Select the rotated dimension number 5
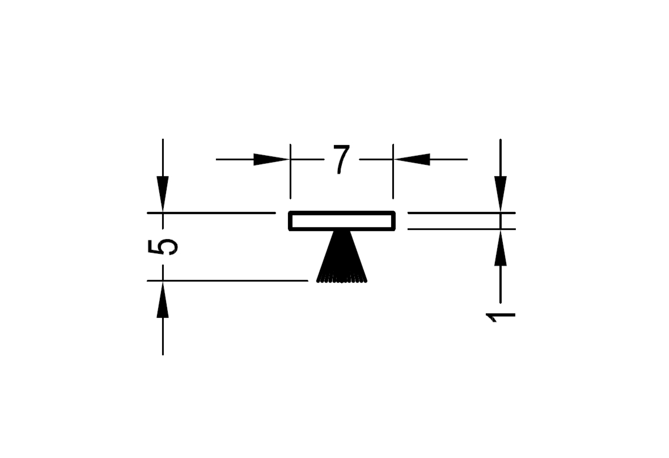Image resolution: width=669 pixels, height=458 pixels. point(162,247)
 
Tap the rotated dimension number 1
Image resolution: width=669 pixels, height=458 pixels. point(501,317)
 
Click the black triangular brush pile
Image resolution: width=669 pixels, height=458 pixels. point(341,256)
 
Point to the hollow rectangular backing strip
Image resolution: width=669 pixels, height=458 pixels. point(342,213)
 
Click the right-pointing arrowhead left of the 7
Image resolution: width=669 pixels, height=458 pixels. point(272,159)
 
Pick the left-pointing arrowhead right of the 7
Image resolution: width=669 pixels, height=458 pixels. point(411,159)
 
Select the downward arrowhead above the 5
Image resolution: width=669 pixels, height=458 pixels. point(163,194)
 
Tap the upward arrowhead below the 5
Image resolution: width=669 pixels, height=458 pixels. point(163,299)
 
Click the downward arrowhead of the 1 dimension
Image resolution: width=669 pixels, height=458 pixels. point(501,194)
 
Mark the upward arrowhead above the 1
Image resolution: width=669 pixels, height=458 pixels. point(501,247)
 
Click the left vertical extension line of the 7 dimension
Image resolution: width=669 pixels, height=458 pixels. point(290,171)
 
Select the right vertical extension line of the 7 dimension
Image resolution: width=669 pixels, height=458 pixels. point(393,171)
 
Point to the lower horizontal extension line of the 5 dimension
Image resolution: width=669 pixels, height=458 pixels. point(227,281)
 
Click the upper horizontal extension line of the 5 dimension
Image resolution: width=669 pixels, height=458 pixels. point(211,213)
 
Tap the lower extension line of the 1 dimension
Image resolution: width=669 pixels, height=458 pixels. point(461,230)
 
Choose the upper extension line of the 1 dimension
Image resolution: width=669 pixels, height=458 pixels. point(461,213)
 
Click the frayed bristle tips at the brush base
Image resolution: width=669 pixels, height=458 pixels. point(342,280)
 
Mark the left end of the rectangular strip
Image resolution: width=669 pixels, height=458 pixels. point(290,220)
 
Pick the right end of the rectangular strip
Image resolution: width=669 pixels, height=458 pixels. point(394,220)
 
